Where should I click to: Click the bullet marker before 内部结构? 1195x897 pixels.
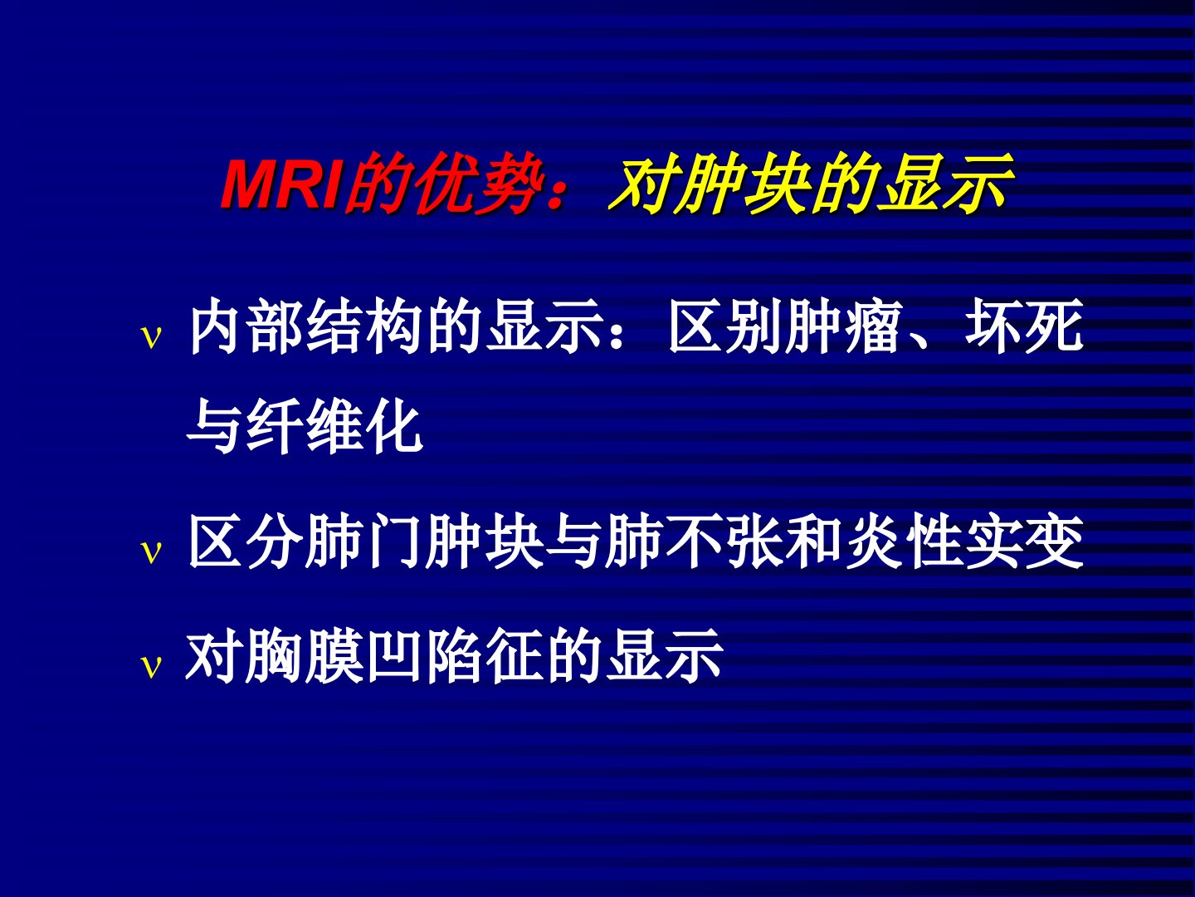click(151, 338)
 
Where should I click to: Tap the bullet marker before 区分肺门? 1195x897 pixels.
click(151, 552)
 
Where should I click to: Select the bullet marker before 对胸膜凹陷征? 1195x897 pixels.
click(151, 667)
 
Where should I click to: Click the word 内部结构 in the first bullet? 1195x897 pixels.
click(307, 326)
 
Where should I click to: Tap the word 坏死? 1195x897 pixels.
click(1023, 326)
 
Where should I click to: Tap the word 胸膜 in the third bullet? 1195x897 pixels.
click(304, 656)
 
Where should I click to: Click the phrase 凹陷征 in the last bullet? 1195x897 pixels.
click(456, 656)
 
